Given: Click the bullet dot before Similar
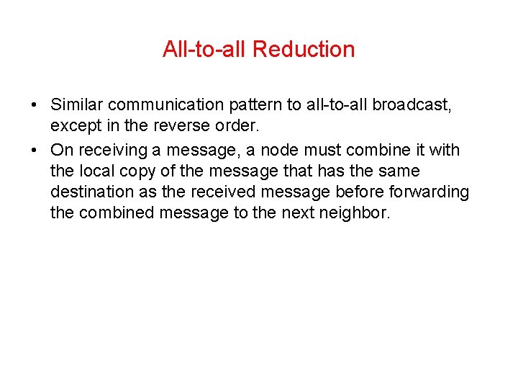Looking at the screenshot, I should pyautogui.click(x=35, y=106).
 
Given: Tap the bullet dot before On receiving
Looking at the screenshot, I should pyautogui.click(x=35, y=151).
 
